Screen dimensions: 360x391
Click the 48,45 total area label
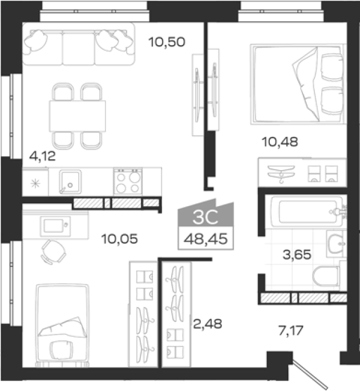pyautogui.click(x=206, y=239)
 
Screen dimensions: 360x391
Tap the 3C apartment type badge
pyautogui.click(x=206, y=217)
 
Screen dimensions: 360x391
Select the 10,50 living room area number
pyautogui.click(x=167, y=42)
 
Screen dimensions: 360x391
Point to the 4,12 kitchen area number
pyautogui.click(x=42, y=156)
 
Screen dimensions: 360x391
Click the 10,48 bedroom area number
pyautogui.click(x=280, y=142)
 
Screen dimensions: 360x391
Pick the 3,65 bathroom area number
pyautogui.click(x=297, y=255)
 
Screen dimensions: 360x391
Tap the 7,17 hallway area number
pyautogui.click(x=291, y=330)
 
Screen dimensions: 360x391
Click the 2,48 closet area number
pyautogui.click(x=208, y=324)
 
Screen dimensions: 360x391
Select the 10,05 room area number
pyautogui.click(x=119, y=239)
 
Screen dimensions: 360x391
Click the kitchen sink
pyautogui.click(x=70, y=182)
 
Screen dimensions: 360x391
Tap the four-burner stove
pyautogui.click(x=128, y=182)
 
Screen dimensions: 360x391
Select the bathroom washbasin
pyautogui.click(x=336, y=244)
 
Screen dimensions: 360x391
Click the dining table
pyautogui.click(x=77, y=116)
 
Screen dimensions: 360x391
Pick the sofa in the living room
pyautogui.click(x=79, y=44)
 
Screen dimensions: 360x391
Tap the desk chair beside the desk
pyautogui.click(x=54, y=252)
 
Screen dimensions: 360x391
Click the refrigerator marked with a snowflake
pyautogui.click(x=35, y=182)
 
